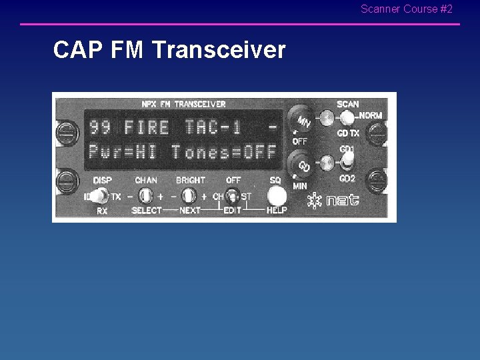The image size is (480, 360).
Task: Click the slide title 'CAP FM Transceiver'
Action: coord(169,50)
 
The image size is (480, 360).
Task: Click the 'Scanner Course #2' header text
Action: coord(406,9)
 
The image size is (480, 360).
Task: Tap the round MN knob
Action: coord(302,121)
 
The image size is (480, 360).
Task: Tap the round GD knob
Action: coord(302,164)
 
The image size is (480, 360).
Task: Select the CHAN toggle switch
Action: coord(146,196)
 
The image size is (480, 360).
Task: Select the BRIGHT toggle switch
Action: coord(189,196)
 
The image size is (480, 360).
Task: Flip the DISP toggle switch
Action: coord(101,196)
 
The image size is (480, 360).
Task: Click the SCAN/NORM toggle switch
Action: coord(347,117)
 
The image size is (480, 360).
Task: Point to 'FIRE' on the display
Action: coord(147,126)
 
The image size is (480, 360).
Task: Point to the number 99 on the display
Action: coord(100,126)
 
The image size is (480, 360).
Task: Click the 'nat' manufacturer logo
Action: coord(333,201)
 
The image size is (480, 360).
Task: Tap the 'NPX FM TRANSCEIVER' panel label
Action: coord(183,104)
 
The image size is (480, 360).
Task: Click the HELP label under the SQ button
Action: coord(277,211)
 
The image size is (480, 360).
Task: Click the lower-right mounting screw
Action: coord(377,180)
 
